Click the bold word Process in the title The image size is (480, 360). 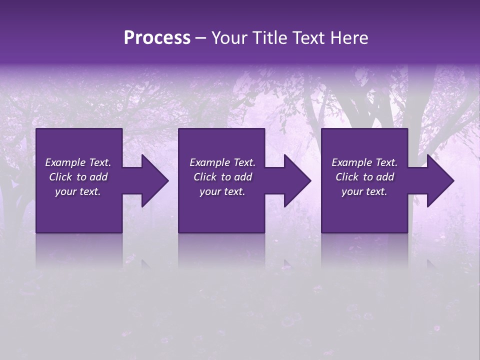[x=157, y=38]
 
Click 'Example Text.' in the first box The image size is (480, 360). [x=78, y=162]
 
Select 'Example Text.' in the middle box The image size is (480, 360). [x=222, y=162]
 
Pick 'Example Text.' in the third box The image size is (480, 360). [x=364, y=162]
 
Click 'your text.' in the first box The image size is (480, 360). [x=78, y=191]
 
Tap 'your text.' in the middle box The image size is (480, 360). [x=222, y=191]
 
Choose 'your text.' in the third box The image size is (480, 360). [x=364, y=191]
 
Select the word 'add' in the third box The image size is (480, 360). [x=385, y=177]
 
